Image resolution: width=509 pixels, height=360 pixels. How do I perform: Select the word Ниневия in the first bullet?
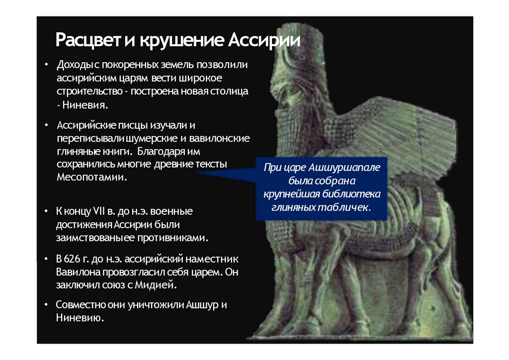tap(85, 105)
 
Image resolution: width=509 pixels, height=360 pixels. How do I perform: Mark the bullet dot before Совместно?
tap(45, 305)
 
